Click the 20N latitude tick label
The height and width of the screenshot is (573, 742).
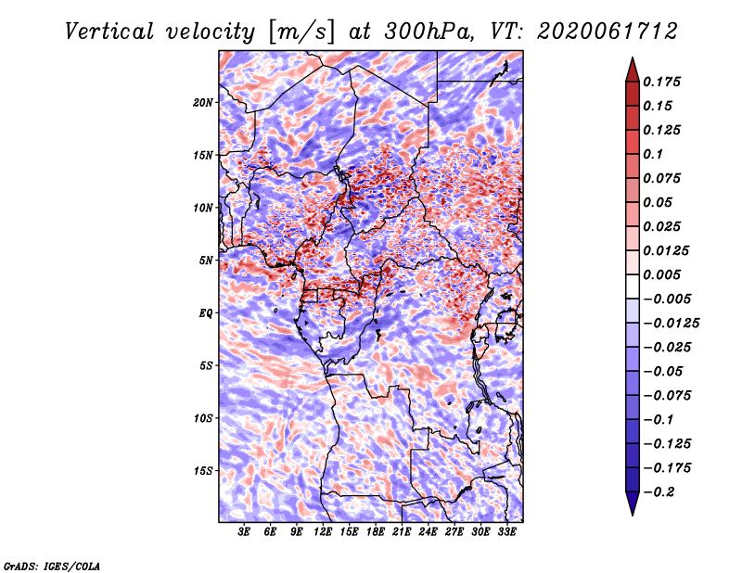[x=202, y=103]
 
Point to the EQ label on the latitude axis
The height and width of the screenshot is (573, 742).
[x=205, y=313]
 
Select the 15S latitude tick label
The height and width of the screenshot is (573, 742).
[x=202, y=471]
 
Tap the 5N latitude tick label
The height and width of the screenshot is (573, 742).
[x=206, y=261]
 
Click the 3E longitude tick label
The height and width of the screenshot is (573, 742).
[x=244, y=532]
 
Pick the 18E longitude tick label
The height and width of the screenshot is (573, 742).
[x=376, y=532]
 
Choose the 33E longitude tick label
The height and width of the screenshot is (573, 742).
[x=506, y=532]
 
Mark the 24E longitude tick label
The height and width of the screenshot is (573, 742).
[x=428, y=532]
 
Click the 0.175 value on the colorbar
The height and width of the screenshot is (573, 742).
[x=661, y=82]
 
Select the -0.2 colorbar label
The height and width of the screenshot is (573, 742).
[x=659, y=492]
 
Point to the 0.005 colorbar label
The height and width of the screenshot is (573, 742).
[x=661, y=274]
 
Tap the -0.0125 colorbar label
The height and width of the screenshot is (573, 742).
[x=671, y=324]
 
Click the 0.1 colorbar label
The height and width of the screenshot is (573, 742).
[x=653, y=154]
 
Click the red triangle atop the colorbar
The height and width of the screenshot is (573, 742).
[x=633, y=70]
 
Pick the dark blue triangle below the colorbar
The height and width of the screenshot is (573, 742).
[x=633, y=503]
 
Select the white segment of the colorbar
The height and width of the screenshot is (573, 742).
[x=633, y=286]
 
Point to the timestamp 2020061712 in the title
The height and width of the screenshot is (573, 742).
[x=608, y=32]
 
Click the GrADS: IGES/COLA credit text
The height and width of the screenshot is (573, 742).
[x=52, y=567]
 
